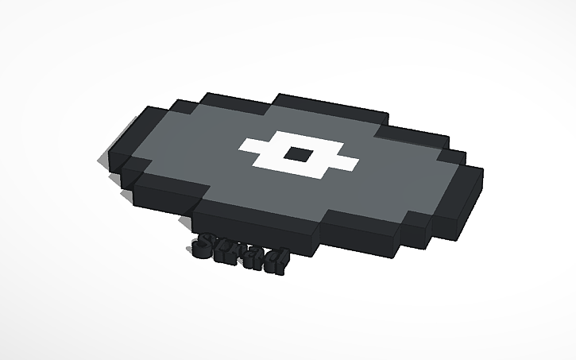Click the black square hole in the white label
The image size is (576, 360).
pyautogui.click(x=299, y=155)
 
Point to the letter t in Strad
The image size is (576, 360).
pyautogui.click(x=225, y=251)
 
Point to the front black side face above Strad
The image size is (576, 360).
pyautogui.click(x=254, y=226)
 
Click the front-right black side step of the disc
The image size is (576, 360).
pyautogui.click(x=413, y=230)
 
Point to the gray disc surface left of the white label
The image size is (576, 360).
pyautogui.click(x=191, y=151)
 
